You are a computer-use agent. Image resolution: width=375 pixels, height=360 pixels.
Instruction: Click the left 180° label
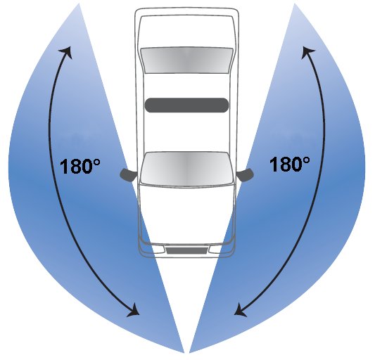point(80,166)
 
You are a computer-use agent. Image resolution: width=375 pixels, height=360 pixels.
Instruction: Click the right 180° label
point(289,164)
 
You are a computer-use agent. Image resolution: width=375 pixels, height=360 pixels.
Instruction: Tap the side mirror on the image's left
point(128,175)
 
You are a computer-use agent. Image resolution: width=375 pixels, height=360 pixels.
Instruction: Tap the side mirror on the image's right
point(246,175)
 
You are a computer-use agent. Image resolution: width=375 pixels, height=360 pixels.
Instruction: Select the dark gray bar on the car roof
point(186,105)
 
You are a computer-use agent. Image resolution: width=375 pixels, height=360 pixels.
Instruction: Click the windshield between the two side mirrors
point(186,169)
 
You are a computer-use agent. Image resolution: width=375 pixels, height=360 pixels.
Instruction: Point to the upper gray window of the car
point(186,60)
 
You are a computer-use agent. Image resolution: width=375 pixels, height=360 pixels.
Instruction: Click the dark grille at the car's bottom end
point(186,250)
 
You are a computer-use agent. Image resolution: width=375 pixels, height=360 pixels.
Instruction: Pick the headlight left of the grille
point(156,250)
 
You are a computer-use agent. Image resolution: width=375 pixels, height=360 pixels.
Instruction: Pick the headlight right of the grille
point(217,250)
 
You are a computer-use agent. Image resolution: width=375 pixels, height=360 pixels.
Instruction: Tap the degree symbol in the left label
point(96,162)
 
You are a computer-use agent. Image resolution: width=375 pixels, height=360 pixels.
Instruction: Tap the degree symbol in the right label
point(306,160)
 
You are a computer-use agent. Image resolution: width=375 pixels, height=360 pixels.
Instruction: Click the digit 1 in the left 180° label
point(63,167)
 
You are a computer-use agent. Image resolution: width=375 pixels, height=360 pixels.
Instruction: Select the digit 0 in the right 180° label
point(295,165)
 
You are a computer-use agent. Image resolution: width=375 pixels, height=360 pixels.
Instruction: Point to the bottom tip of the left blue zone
point(184,352)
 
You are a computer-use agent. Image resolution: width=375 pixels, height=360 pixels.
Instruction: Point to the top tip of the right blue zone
point(295,4)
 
